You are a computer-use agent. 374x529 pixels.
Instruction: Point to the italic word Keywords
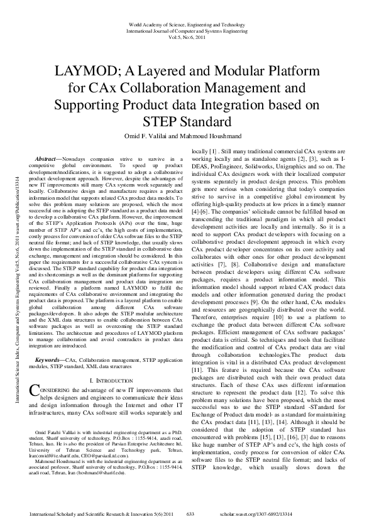tap(49, 359)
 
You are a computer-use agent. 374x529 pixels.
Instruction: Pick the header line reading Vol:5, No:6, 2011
tap(186, 37)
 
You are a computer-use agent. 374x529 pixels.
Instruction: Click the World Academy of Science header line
tap(186, 25)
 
